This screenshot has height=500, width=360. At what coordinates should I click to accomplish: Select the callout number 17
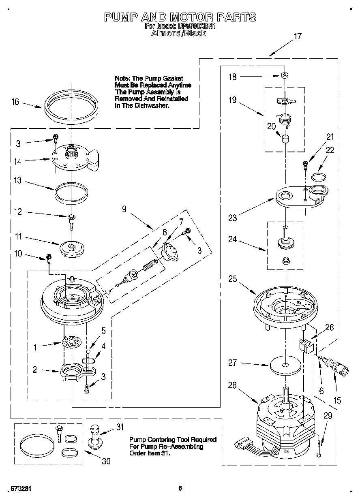(x=297, y=36)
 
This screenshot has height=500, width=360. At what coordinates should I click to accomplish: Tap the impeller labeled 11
(x=71, y=248)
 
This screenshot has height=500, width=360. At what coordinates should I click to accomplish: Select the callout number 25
(x=232, y=279)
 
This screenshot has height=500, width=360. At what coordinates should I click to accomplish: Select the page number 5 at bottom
(x=180, y=488)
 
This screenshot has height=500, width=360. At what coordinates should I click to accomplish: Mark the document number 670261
(x=19, y=489)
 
